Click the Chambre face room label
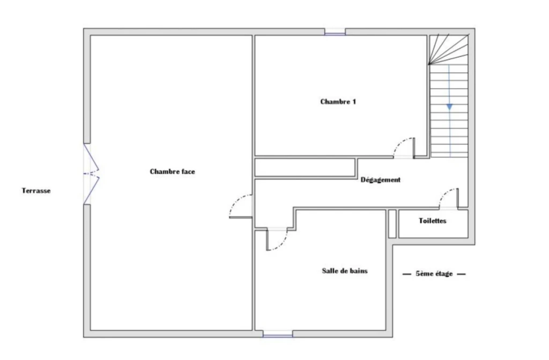(x=172, y=171)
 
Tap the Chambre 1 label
(x=338, y=102)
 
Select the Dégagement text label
(x=381, y=180)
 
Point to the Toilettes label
(x=433, y=221)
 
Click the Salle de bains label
(x=345, y=271)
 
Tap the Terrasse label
(x=36, y=191)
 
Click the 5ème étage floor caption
(x=434, y=274)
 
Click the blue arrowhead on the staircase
(x=449, y=107)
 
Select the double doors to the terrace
(x=91, y=174)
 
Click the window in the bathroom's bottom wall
(x=278, y=334)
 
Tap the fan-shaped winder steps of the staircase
(x=449, y=49)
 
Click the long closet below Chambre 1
(x=305, y=167)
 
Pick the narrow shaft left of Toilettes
(x=392, y=224)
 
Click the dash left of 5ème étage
(x=406, y=274)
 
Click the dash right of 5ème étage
(x=462, y=274)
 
